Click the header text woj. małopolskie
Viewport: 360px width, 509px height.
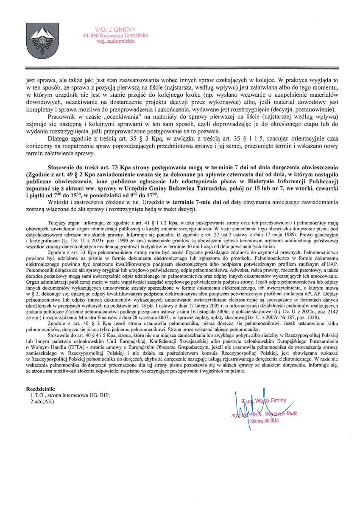click(115, 42)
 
